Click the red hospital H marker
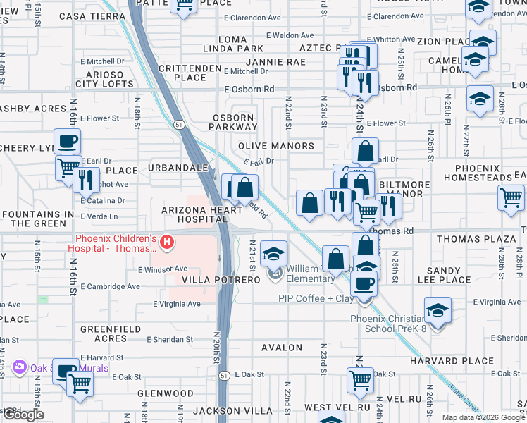pyautogui.click(x=167, y=243)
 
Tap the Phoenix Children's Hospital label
pyautogui.click(x=113, y=243)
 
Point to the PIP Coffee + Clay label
pyautogui.click(x=316, y=298)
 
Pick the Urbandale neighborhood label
pyautogui.click(x=178, y=168)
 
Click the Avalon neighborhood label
pyautogui.click(x=282, y=348)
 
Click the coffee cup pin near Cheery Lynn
pyautogui.click(x=67, y=141)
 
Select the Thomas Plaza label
pyautogui.click(x=476, y=239)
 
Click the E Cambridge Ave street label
pyautogui.click(x=111, y=286)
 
